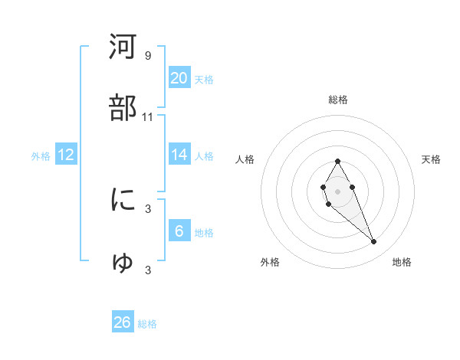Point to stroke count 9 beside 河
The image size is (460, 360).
point(148,56)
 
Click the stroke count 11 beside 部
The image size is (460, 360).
point(148,117)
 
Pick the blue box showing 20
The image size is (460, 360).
point(179,78)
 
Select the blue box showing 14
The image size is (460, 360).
point(179,155)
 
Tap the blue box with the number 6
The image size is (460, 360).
point(179,231)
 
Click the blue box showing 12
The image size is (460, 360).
point(65,155)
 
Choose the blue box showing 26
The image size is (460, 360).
point(122,322)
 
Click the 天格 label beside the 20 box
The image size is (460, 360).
point(204,80)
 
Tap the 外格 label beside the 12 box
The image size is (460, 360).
point(41,156)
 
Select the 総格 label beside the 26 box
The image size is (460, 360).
point(147,324)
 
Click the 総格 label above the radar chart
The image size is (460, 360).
point(337,100)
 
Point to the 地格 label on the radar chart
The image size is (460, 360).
point(402,262)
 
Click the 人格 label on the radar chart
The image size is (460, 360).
point(245,159)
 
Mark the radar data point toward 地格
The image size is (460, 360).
point(374,242)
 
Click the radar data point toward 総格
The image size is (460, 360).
point(337,161)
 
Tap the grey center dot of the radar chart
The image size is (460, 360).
point(337,190)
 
